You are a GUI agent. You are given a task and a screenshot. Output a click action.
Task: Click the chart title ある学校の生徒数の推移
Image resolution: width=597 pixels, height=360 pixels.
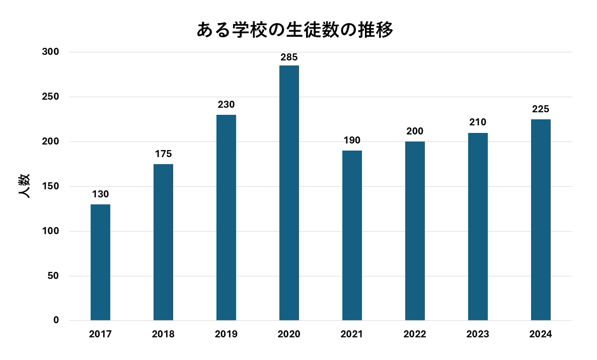point(294,30)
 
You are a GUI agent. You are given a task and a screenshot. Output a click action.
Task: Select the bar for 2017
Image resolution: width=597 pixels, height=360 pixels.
point(100,262)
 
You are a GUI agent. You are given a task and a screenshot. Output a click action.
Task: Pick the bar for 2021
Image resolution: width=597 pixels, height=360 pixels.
point(352,235)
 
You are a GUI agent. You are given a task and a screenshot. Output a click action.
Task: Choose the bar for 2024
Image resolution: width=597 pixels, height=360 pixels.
point(541,220)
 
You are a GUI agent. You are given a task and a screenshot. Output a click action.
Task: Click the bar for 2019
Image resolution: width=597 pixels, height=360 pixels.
point(226,218)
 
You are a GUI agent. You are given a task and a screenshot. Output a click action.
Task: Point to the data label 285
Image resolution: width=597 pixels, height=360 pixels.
point(289,57)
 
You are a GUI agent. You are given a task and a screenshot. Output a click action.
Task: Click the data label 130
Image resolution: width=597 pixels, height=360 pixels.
point(100,194)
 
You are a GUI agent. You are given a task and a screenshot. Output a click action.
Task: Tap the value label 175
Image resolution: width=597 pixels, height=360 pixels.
point(163,154)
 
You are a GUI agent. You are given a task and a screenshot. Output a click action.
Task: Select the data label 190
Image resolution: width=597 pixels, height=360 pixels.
point(352,140)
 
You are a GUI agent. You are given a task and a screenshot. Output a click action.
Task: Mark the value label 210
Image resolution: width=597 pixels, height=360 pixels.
point(478,122)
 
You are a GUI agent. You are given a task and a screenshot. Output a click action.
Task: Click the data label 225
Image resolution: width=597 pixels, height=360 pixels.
point(541,109)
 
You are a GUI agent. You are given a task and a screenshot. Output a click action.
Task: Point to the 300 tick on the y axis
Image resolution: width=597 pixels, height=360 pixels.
point(51,52)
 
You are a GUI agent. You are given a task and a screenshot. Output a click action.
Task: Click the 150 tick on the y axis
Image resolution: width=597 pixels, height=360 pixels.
point(51,186)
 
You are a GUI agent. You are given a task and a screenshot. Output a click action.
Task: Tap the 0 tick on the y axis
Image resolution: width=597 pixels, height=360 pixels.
point(56,320)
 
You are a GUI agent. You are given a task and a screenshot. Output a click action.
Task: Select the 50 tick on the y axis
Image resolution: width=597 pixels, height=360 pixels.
point(53,276)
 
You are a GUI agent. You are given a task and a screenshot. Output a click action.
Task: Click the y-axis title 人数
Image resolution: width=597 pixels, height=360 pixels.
point(24,186)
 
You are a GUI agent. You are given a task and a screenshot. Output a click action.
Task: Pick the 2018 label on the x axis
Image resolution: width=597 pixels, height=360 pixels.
point(163,334)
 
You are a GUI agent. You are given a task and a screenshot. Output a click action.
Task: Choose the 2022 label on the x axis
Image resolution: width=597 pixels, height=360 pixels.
point(415,334)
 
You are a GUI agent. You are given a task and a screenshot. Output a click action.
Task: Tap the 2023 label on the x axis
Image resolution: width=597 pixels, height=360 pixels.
point(478,334)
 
